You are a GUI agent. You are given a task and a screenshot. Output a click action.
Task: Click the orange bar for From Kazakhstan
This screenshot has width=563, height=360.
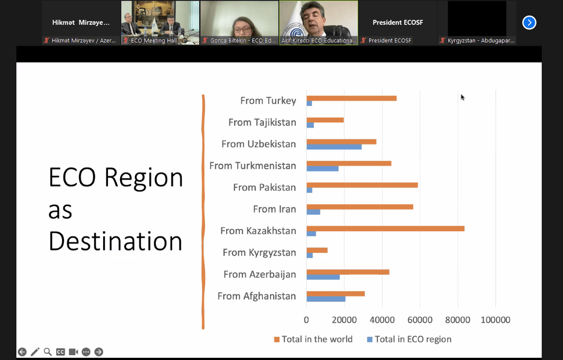[x=385, y=229]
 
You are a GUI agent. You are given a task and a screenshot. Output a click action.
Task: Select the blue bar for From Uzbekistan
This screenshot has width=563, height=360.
[x=334, y=147]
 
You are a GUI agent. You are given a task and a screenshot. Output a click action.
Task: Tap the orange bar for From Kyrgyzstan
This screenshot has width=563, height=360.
[x=317, y=250]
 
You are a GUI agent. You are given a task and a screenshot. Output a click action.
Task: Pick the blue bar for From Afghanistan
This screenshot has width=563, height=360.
[x=326, y=299]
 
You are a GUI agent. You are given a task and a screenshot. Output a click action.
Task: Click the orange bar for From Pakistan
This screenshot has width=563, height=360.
[x=362, y=185]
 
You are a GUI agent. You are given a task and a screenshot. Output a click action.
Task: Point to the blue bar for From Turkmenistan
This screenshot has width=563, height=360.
[x=323, y=169]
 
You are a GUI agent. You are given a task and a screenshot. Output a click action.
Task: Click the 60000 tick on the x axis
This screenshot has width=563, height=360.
[x=420, y=320]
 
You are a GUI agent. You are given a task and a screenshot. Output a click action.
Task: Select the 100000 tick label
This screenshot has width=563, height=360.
[x=496, y=320]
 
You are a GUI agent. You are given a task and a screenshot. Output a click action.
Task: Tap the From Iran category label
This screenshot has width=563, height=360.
[x=274, y=209]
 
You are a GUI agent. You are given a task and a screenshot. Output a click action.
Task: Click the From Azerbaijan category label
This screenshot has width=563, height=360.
[x=260, y=274]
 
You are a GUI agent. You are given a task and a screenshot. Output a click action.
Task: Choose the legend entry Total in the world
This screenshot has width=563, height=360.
[x=313, y=339]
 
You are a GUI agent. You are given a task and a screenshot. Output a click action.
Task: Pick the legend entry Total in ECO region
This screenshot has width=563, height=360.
[x=409, y=339]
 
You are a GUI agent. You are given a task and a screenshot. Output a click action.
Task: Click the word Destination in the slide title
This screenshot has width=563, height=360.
[x=116, y=241]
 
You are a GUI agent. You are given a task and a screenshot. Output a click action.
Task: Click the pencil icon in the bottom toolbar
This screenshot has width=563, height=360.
[x=35, y=352]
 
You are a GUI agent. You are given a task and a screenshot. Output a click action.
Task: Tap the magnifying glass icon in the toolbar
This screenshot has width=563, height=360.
[x=48, y=352]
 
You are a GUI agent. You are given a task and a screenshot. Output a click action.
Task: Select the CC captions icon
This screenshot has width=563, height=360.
[x=60, y=352]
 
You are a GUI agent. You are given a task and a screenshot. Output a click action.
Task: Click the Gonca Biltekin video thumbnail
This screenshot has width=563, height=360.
[x=239, y=22]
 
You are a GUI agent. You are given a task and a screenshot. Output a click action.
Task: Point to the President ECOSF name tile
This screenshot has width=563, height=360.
[x=398, y=22]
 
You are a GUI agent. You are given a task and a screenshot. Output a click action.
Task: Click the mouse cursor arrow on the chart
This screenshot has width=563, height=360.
[x=462, y=97]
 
